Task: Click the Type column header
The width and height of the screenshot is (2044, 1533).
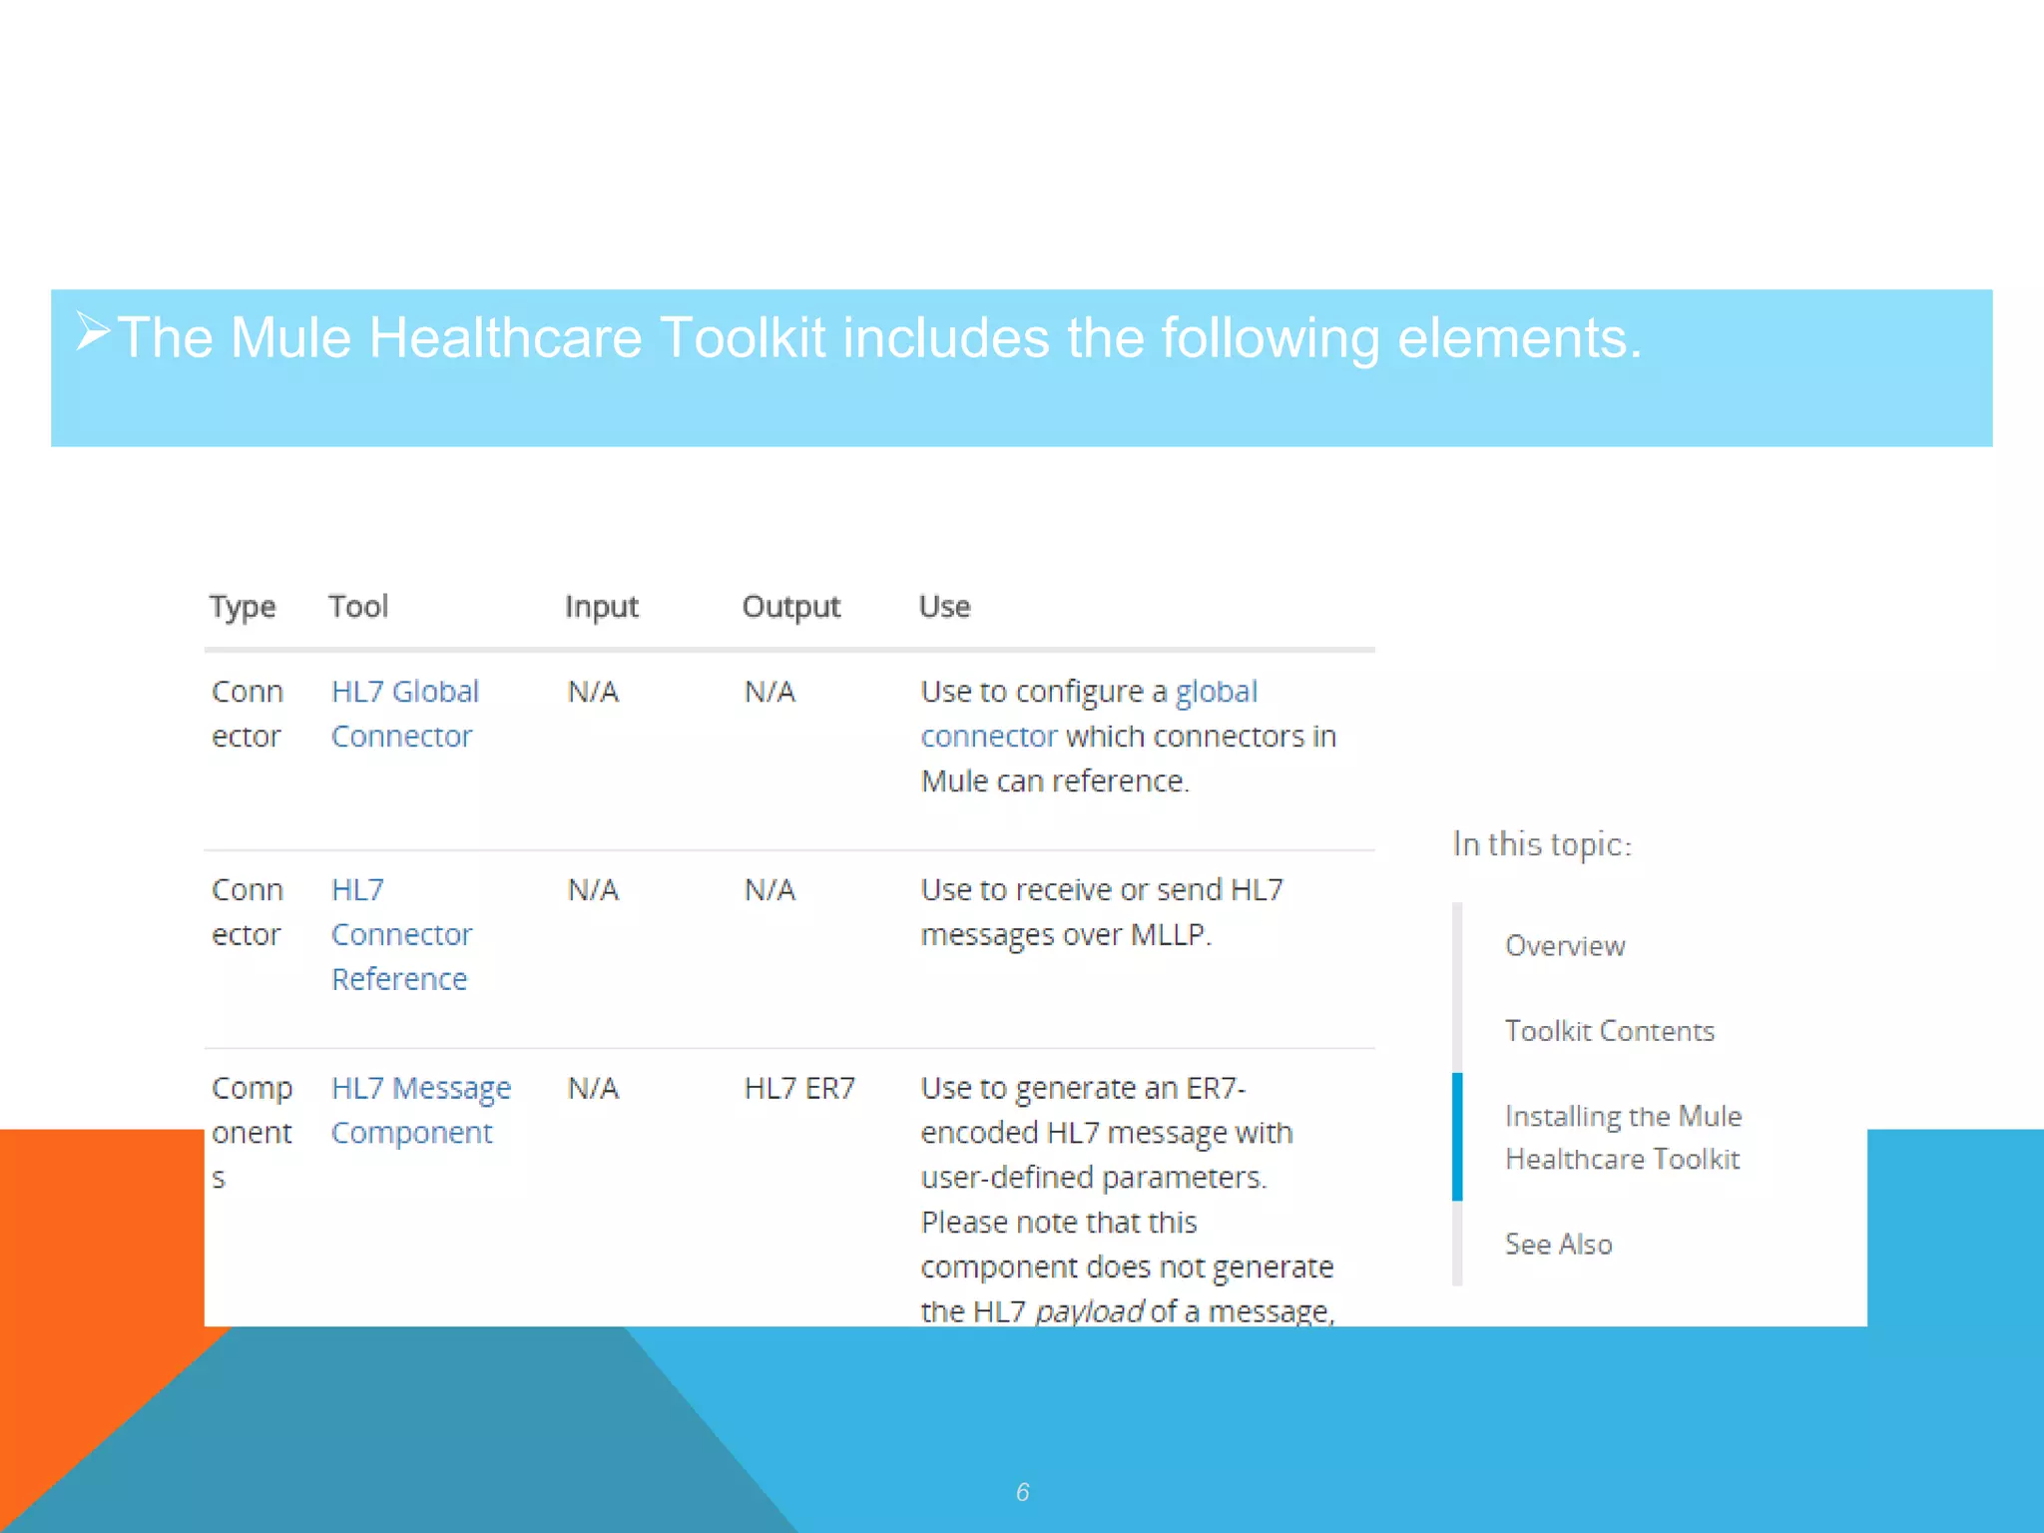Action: [x=243, y=607]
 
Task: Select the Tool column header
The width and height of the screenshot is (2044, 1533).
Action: [x=358, y=607]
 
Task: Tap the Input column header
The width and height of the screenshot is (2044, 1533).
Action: [x=601, y=607]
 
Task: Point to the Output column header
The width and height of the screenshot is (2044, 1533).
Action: [x=790, y=607]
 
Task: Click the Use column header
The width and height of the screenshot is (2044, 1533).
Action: [x=944, y=607]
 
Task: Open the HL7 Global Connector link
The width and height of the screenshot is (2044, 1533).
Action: [x=404, y=713]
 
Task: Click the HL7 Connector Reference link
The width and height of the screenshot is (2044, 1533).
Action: [x=401, y=934]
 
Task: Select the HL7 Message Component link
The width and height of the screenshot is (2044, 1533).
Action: [x=420, y=1110]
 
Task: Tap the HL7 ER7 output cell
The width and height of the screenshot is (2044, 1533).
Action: [x=799, y=1088]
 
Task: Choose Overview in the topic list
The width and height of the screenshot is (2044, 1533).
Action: [x=1565, y=945]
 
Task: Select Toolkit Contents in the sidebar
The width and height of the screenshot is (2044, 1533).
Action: [x=1609, y=1030]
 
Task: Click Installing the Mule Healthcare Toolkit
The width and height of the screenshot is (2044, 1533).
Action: [x=1623, y=1137]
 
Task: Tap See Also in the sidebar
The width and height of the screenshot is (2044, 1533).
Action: [x=1558, y=1244]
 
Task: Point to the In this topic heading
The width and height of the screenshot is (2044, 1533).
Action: [x=1542, y=844]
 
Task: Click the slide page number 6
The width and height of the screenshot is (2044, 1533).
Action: [x=1022, y=1492]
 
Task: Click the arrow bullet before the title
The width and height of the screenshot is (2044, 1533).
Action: [x=93, y=331]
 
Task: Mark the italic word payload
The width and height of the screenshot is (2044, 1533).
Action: [x=1089, y=1310]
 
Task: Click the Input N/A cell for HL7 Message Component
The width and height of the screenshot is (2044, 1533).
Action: [x=593, y=1088]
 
